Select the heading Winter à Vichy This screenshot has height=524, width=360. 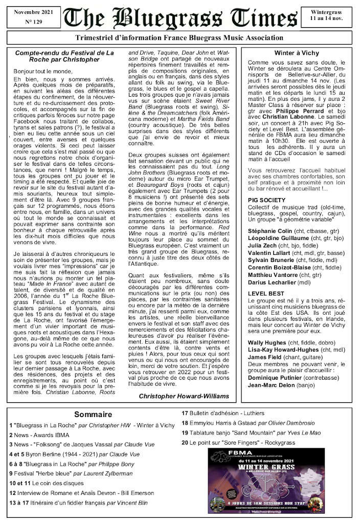pos(296,53)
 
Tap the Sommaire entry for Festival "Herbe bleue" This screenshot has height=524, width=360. pos(70,473)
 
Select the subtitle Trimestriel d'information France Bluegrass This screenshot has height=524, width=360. pos(179,37)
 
